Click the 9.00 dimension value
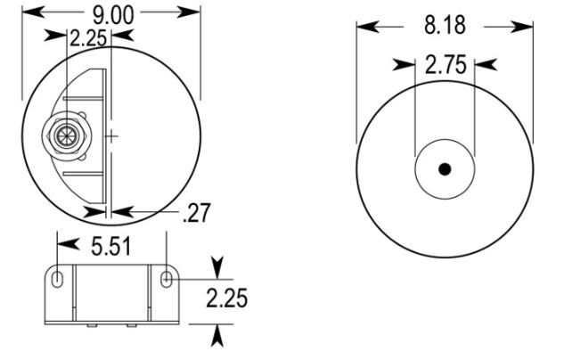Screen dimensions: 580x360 click(x=113, y=15)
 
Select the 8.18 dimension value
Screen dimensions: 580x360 click(x=445, y=25)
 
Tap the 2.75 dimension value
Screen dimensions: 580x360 click(x=445, y=64)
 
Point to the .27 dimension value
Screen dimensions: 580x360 click(x=197, y=213)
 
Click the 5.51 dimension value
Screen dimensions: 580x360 click(x=111, y=247)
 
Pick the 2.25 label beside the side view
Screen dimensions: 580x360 click(x=226, y=299)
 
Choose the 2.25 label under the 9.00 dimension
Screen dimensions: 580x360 click(x=88, y=38)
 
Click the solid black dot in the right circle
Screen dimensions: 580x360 click(x=445, y=169)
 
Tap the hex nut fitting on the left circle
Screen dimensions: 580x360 click(x=67, y=135)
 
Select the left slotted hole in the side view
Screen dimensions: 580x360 click(x=57, y=279)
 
